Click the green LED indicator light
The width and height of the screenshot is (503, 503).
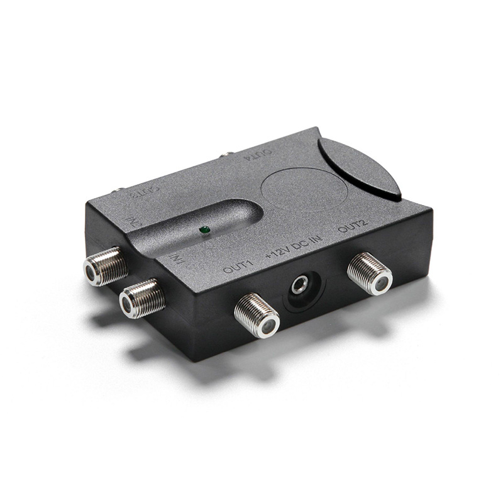[203, 231]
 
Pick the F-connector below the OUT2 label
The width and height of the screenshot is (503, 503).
[370, 274]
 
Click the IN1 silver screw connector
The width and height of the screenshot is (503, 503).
[141, 297]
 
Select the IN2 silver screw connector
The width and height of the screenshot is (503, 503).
[106, 265]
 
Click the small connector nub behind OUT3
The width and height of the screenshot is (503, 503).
[117, 188]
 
